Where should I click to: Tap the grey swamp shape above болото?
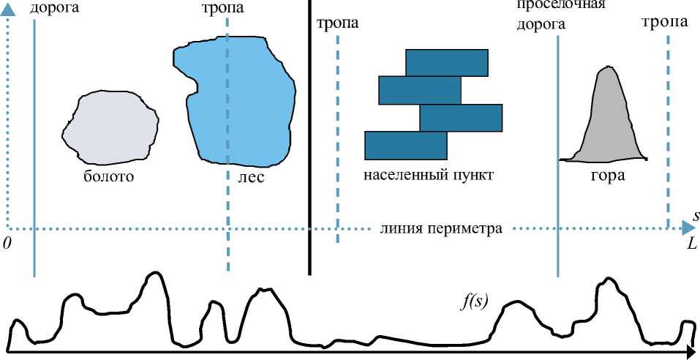pos(110,127)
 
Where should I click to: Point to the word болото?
pos(110,176)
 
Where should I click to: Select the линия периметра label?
pos(441,229)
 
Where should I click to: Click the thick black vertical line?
pos(309,139)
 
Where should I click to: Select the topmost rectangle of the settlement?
pos(446,62)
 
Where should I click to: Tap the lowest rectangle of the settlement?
pos(405,145)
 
